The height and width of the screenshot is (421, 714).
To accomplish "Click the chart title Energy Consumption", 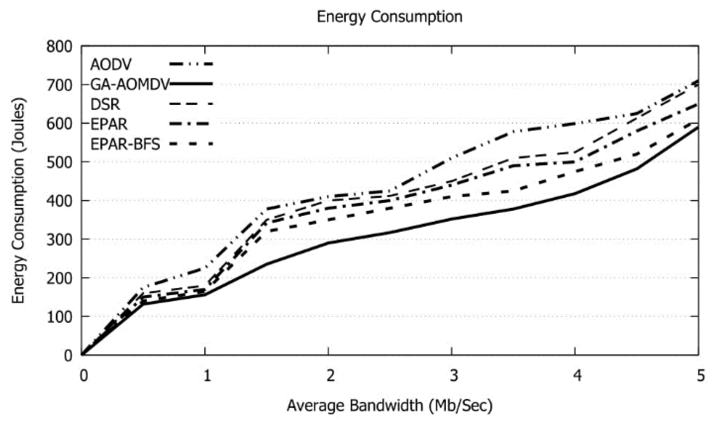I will [x=390, y=17].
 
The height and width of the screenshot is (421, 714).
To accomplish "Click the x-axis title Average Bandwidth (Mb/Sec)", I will [x=390, y=405].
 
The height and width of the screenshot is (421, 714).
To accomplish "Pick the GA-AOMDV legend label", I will [x=129, y=84].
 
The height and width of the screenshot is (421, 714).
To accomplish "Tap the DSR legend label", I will [x=105, y=104].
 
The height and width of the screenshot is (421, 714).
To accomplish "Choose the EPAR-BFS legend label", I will [x=125, y=144].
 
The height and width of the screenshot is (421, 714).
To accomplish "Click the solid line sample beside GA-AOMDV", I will [x=191, y=84].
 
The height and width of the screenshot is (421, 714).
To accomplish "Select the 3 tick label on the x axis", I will [x=453, y=375].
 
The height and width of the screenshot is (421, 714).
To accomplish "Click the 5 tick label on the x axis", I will [x=701, y=375].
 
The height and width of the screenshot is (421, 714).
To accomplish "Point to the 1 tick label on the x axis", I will [x=207, y=375].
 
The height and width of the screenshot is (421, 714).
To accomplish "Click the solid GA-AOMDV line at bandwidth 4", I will [x=575, y=193].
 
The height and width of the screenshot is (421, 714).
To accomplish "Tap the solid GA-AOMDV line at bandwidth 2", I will [x=328, y=242].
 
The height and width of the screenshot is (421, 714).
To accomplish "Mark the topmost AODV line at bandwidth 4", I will [x=575, y=124].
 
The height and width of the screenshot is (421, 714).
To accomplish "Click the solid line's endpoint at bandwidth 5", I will [x=698, y=127].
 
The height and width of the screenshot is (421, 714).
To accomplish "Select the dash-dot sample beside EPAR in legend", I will [x=191, y=124].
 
